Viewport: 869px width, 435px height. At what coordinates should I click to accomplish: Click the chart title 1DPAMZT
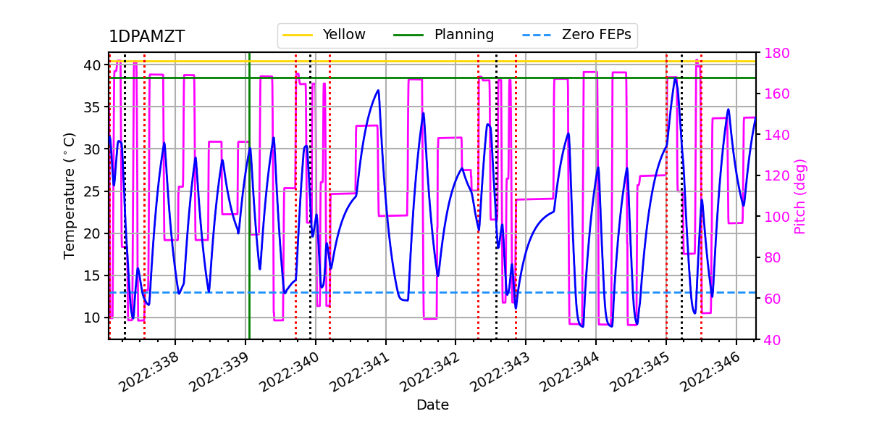[x=146, y=37]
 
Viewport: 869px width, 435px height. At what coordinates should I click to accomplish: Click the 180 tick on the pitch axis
[x=774, y=53]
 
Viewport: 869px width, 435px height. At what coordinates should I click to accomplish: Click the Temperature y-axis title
[x=70, y=196]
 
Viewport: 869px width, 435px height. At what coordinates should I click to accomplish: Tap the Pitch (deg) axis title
[x=800, y=196]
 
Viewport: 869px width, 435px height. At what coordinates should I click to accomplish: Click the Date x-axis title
[x=432, y=405]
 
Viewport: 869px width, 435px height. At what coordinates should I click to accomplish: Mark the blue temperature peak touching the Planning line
[x=675, y=78]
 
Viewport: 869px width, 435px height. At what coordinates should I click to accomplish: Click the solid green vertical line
[x=249, y=217]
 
